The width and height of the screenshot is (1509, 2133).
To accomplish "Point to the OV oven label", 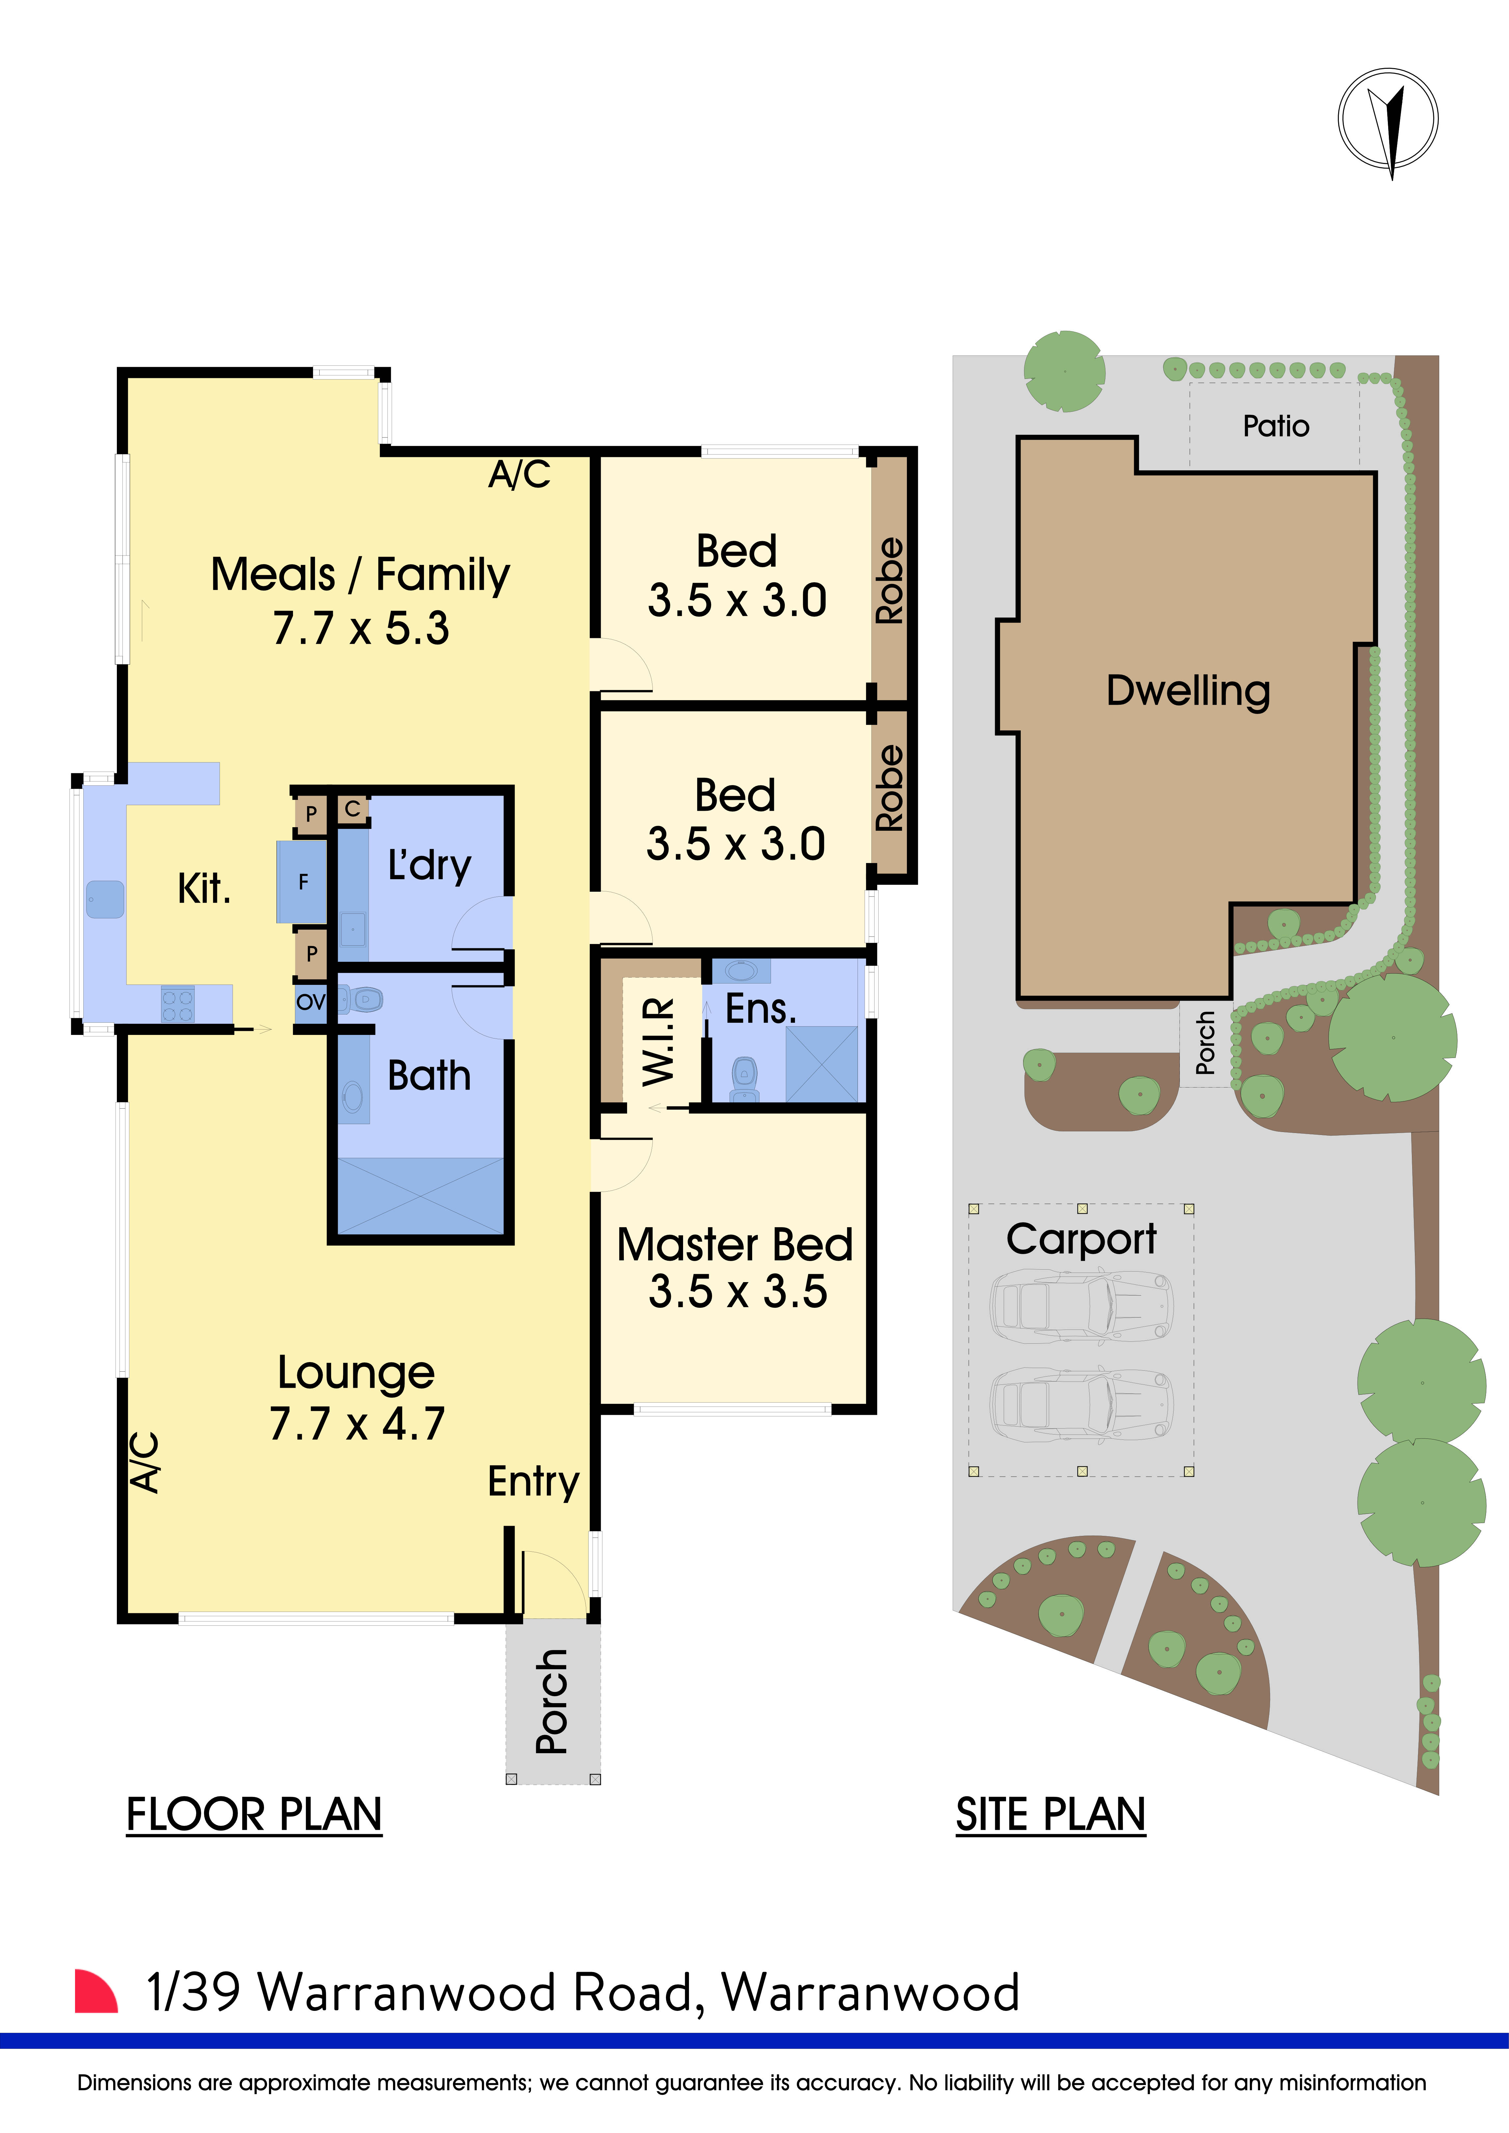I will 310,1001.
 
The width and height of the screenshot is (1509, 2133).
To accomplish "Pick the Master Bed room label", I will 734,1245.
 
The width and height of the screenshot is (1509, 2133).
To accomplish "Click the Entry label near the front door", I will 533,1481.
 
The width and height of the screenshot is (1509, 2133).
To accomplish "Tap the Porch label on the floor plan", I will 552,1700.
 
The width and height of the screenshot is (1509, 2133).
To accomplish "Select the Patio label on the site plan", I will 1276,426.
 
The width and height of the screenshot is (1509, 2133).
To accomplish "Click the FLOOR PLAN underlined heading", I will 254,1814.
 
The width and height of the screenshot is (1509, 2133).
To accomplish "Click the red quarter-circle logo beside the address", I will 95,1992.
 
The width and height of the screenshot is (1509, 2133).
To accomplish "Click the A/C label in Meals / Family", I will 519,475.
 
